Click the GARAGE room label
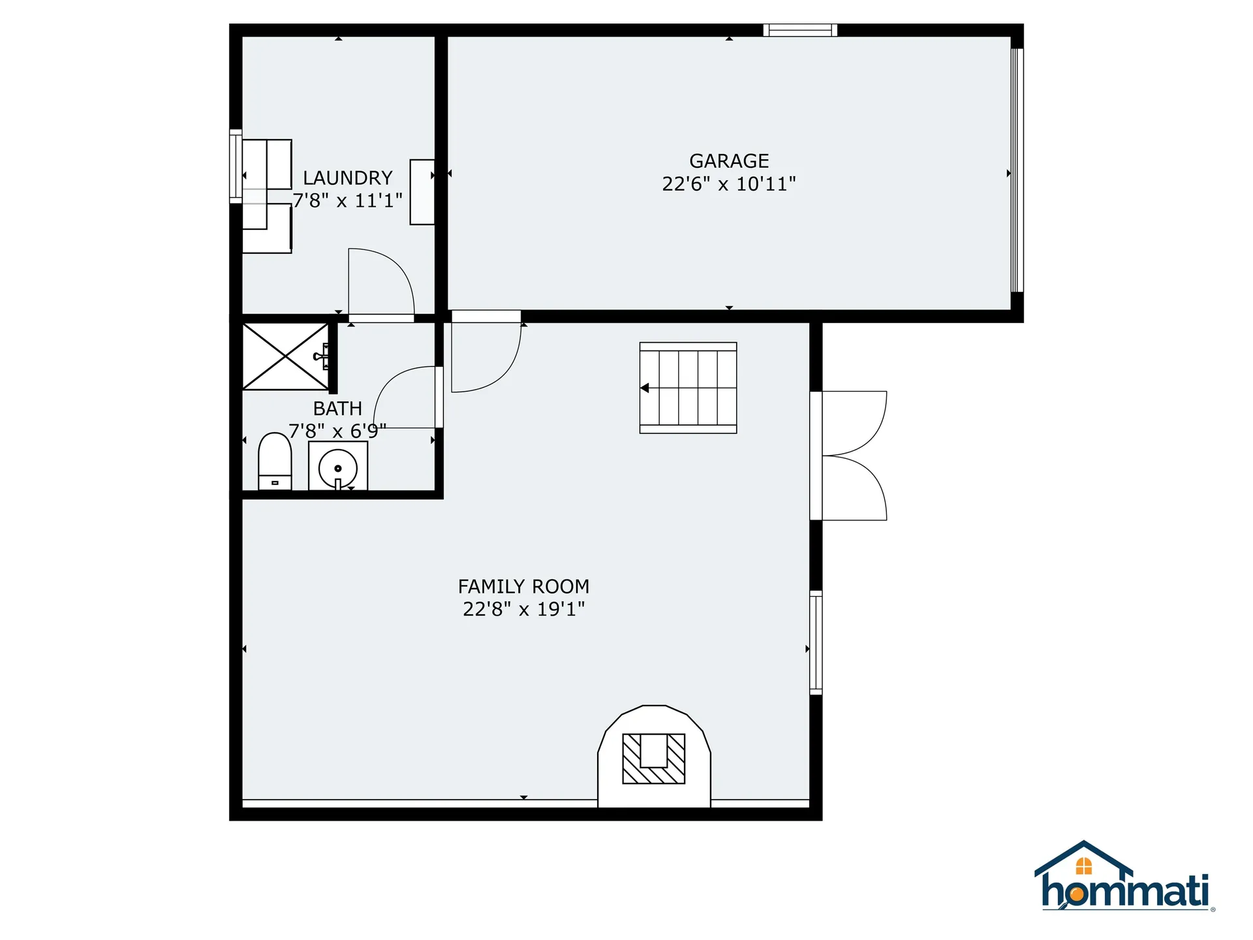point(728,161)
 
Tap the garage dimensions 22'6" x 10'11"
point(728,184)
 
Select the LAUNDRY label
point(347,178)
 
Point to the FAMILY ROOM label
point(523,586)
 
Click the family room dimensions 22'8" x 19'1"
point(523,609)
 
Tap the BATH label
point(337,409)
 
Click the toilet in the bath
point(275,460)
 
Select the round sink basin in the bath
point(337,467)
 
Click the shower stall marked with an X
point(286,356)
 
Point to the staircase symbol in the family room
point(688,388)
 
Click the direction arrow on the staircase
point(645,388)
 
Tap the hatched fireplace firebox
point(653,759)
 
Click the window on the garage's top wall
point(800,30)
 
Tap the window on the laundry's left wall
point(236,166)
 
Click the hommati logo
point(1124,878)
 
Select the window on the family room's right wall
point(816,642)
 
